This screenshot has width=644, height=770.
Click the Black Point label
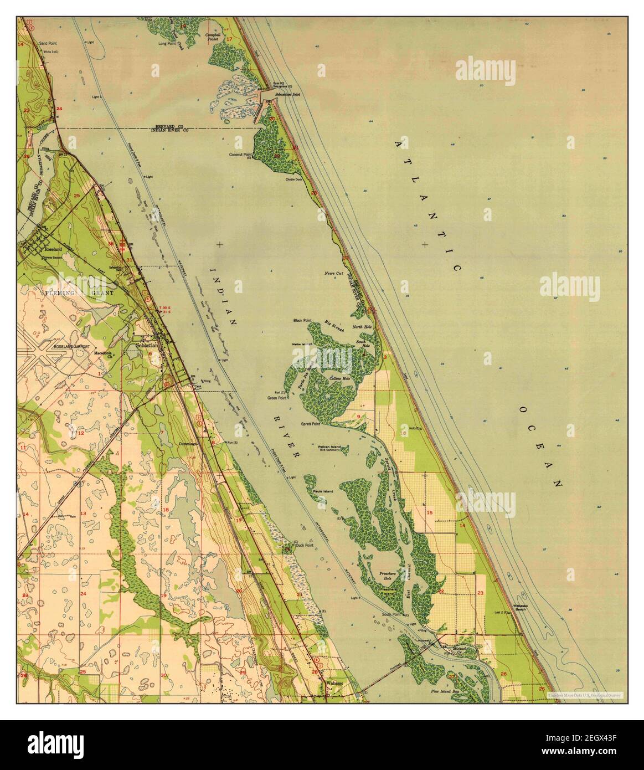[303, 321]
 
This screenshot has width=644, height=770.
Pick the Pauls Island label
[321, 491]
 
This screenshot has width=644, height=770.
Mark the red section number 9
[359, 416]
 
